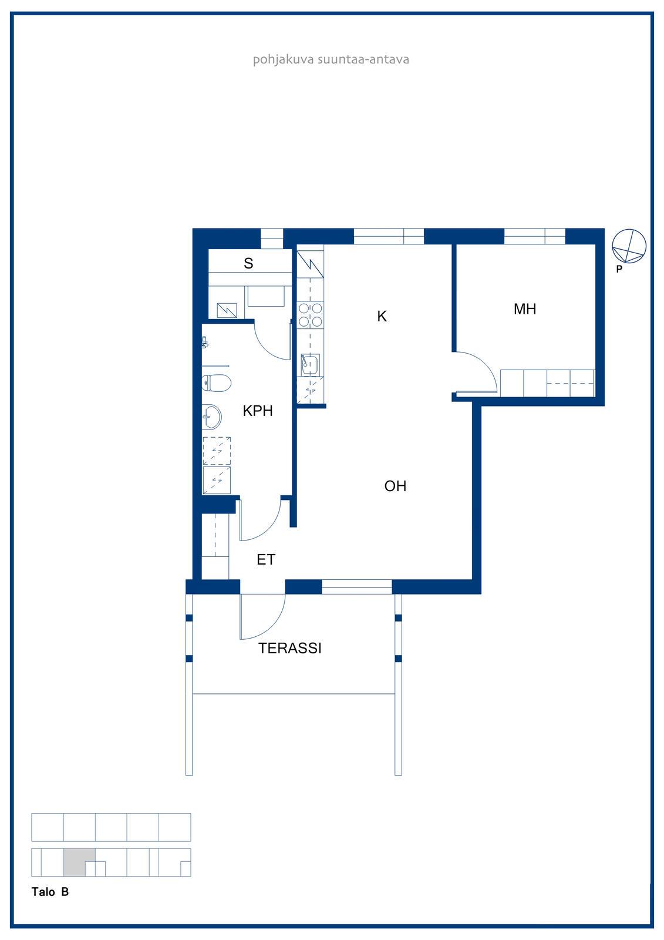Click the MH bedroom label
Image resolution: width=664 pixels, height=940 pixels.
pos(524,309)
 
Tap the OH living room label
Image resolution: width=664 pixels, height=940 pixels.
pos(395,486)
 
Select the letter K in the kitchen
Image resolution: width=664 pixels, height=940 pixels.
pos(382,316)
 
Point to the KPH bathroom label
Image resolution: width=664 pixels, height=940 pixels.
pos(258,411)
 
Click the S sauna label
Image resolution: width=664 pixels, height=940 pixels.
pos(248,263)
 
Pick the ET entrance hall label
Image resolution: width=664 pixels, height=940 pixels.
pos(266,559)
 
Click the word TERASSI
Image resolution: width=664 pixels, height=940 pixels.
pos(290,649)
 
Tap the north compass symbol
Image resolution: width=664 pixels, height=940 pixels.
pos(629,247)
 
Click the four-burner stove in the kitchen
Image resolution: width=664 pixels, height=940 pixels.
pos(311,315)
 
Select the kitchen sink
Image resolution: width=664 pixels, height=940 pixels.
pos(310,365)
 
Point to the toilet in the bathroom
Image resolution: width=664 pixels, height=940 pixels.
pos(217,382)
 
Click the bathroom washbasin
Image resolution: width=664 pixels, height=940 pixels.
pos(212,417)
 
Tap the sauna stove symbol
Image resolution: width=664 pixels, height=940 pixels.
pos(227,311)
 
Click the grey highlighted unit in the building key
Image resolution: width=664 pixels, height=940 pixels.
pos(79,862)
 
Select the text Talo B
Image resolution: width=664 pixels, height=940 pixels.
pos(50,892)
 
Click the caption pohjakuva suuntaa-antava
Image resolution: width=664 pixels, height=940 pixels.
pos(331,59)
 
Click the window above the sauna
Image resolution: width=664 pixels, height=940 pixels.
pos(272,239)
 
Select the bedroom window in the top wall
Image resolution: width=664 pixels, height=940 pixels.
pos(534,236)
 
